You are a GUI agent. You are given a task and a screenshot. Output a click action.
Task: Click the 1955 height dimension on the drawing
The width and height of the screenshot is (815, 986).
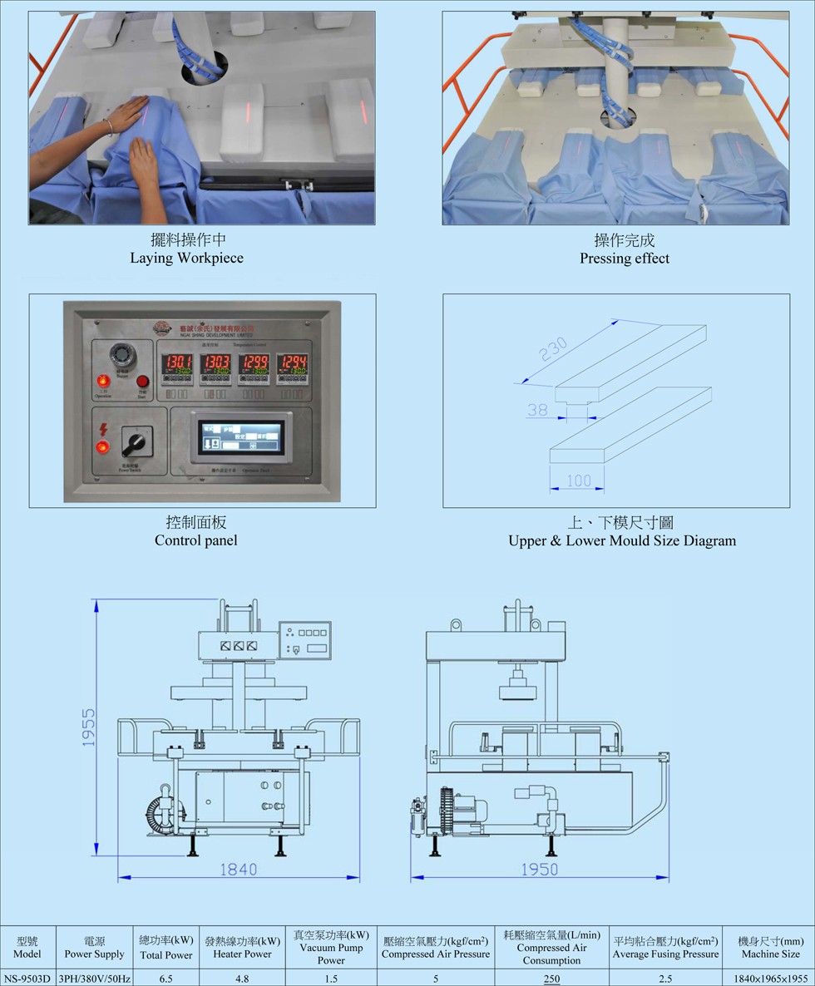89,727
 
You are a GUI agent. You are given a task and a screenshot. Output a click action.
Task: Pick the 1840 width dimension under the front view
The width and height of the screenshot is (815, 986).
238,869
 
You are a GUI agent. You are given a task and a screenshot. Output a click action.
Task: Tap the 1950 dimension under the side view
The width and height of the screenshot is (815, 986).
540,869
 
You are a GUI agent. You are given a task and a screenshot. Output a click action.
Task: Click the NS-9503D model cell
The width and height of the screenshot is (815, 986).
27,979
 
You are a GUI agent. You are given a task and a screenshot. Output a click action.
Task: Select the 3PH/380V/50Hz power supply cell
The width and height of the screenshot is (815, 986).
94,979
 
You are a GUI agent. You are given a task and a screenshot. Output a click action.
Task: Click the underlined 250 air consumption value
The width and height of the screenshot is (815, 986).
551,979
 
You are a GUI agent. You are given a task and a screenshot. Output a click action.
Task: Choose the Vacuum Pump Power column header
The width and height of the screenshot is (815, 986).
331,948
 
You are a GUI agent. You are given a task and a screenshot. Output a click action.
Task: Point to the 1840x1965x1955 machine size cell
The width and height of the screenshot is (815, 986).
770,979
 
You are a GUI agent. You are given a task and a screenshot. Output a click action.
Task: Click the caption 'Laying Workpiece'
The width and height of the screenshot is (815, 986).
186,258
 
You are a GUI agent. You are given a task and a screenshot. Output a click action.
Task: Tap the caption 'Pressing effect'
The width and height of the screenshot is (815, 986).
625,258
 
